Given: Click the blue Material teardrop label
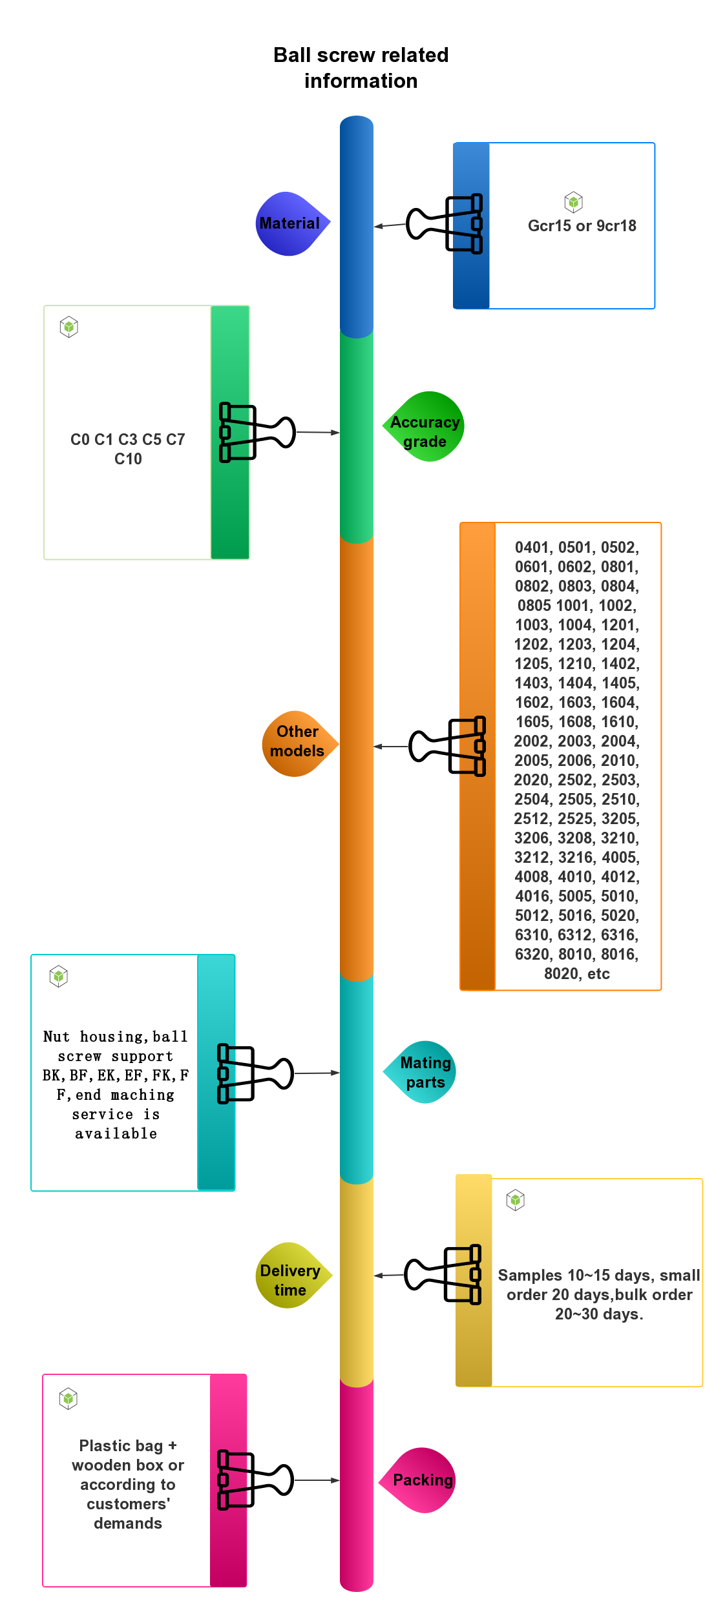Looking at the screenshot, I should point(290,223).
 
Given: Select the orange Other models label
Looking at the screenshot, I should point(297,743).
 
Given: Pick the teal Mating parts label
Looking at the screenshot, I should point(424,1072).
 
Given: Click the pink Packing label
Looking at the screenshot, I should point(423,1480).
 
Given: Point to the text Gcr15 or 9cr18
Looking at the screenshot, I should point(582,226).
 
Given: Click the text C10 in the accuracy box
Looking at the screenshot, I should point(128,459).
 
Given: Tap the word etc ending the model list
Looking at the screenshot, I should point(599,974).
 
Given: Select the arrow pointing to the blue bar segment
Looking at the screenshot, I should point(390,225).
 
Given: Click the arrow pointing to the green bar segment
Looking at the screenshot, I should point(318,432).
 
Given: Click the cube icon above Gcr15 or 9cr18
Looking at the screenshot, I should point(573,202).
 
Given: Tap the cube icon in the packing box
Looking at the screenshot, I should point(68,1399).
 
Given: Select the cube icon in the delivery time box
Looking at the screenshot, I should point(515,1200).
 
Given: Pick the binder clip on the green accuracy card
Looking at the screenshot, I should point(233,432).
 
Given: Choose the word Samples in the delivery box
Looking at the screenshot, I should point(530,1276).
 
